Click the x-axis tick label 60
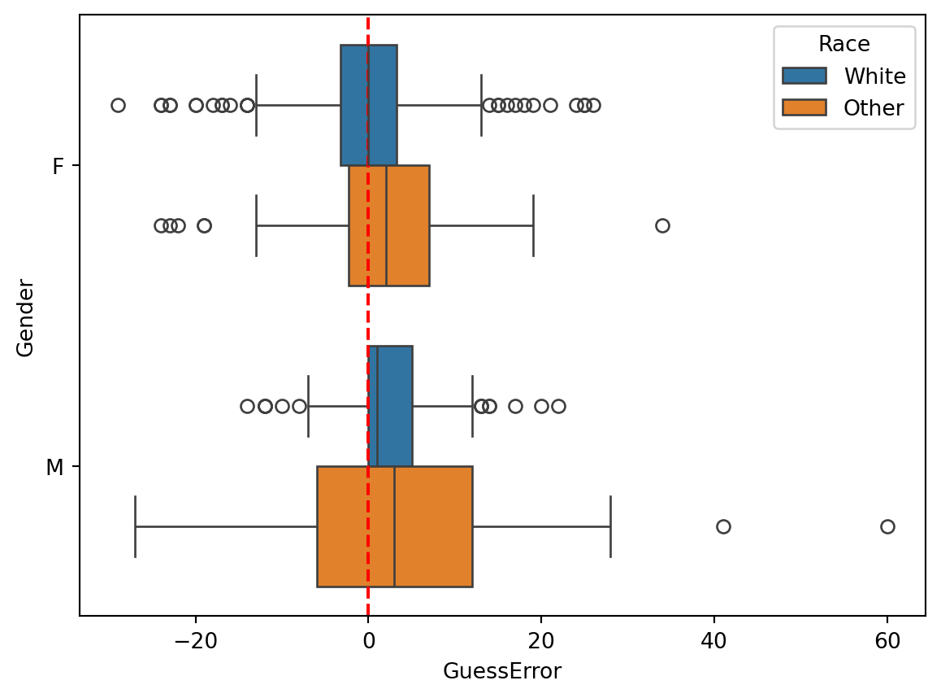(x=887, y=641)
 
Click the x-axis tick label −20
(x=195, y=641)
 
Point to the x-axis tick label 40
(x=714, y=641)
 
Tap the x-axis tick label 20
(x=541, y=641)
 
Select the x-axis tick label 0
(x=368, y=641)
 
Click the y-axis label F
(x=58, y=166)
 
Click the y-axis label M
(x=55, y=467)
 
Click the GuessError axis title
(x=501, y=672)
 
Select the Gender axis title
(x=25, y=316)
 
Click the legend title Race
(x=844, y=44)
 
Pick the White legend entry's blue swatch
(x=804, y=76)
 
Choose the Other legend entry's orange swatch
(x=804, y=107)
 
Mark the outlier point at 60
(x=887, y=526)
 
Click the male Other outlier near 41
(x=723, y=526)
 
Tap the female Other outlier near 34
(x=662, y=225)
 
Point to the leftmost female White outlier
(x=118, y=105)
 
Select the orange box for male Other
(x=431, y=526)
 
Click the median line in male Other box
(x=394, y=526)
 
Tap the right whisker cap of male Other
(x=610, y=526)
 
